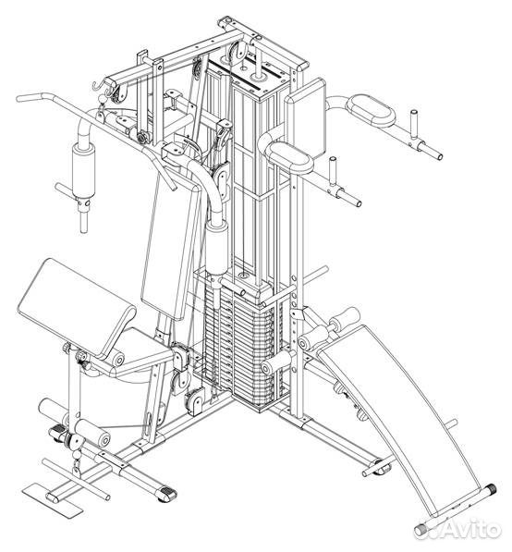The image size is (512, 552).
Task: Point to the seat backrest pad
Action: [171, 243]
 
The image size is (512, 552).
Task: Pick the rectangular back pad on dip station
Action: [305, 118]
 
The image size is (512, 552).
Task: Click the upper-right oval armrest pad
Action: [371, 110]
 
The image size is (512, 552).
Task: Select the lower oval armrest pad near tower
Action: [289, 158]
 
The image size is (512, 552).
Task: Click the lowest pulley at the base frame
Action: [194, 400]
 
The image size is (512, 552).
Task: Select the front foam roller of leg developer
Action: [92, 434]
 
